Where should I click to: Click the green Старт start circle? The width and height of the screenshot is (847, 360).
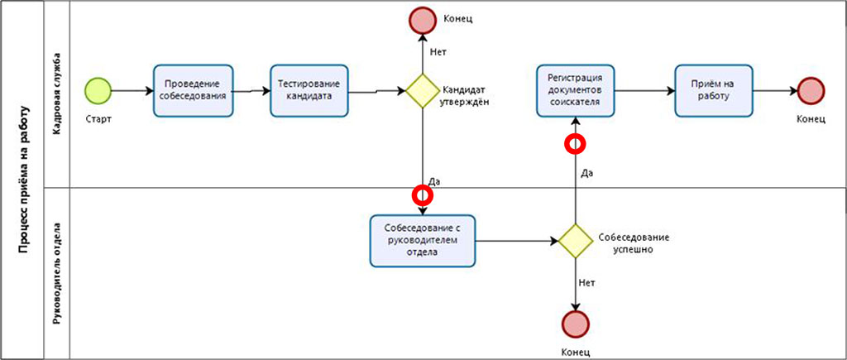tap(98, 89)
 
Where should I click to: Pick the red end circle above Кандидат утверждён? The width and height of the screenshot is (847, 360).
tap(422, 19)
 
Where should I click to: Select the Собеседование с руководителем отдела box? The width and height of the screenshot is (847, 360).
tap(423, 241)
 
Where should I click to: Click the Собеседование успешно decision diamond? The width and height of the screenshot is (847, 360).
tap(575, 241)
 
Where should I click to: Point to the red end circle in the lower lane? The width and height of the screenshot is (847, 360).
tap(575, 324)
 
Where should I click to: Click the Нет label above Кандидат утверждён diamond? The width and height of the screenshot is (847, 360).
tap(438, 52)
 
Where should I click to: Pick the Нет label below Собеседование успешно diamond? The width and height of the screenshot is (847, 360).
tap(587, 283)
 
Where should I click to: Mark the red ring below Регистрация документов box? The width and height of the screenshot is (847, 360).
tap(575, 144)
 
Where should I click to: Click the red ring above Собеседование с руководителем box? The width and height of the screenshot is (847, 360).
tap(423, 195)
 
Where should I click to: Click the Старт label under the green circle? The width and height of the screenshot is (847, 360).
tap(98, 118)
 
